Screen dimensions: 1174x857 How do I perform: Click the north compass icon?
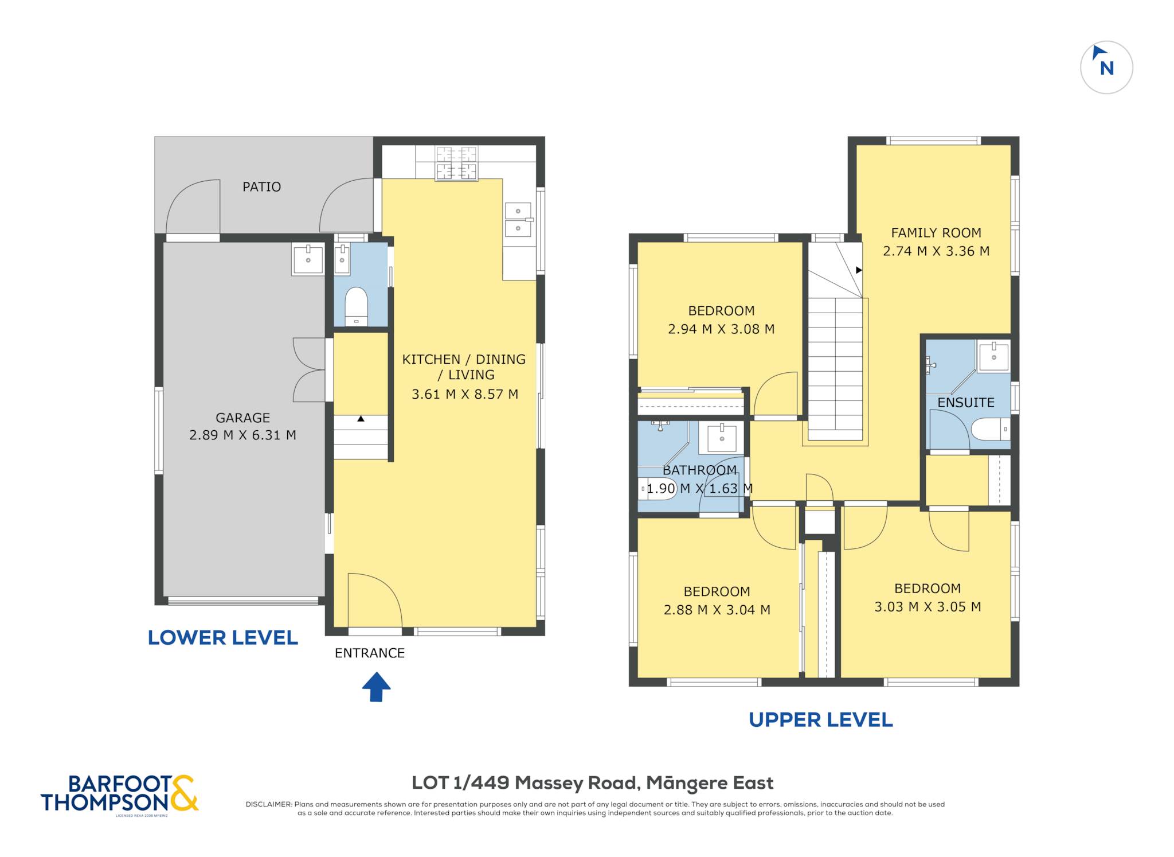(x=1106, y=67)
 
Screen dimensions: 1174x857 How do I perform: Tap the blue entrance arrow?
(x=376, y=687)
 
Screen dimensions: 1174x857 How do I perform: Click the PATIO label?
(x=261, y=187)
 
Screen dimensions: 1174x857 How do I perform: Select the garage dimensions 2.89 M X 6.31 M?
(x=242, y=435)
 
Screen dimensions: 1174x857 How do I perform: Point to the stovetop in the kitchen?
(x=456, y=163)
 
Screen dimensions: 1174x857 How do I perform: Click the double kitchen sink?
(x=518, y=220)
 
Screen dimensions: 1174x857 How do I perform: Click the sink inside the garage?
(x=308, y=260)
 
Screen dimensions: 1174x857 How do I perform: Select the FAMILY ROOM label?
(x=936, y=233)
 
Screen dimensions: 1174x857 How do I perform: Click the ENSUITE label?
(x=966, y=403)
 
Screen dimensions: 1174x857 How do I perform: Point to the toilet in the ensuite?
(x=991, y=429)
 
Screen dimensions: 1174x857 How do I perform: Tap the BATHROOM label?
(x=699, y=470)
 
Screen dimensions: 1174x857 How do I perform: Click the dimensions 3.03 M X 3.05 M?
(x=928, y=607)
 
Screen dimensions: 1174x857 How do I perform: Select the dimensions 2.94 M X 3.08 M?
(x=721, y=329)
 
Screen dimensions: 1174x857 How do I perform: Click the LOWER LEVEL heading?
(x=223, y=638)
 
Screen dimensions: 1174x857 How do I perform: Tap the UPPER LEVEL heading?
(x=821, y=720)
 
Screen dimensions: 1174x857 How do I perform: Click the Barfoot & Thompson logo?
(x=120, y=794)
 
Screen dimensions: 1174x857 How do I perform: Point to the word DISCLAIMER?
(x=268, y=804)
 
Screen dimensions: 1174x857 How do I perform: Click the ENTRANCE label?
(x=370, y=653)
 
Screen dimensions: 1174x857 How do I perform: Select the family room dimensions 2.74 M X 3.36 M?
(x=936, y=251)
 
